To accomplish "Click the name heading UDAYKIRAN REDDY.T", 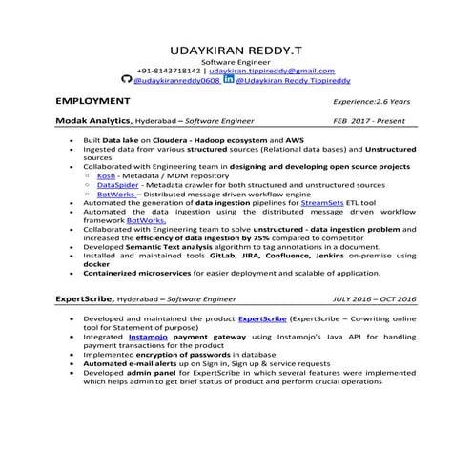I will pos(235,48).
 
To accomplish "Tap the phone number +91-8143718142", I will pos(169,71).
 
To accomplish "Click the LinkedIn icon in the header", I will pos(228,81).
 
